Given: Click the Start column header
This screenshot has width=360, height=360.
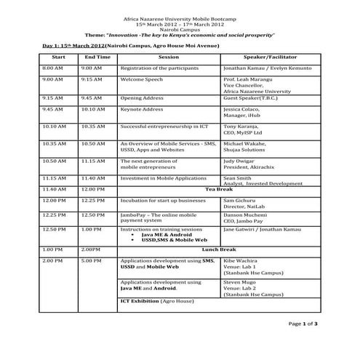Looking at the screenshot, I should coord(59,56).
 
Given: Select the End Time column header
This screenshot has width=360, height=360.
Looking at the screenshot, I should coord(97,56).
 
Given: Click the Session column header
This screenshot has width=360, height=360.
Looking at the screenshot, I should coord(169,56).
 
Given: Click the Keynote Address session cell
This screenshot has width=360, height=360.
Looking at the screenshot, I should coord(142,109).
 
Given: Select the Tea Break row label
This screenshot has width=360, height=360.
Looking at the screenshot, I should coord(217,188).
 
